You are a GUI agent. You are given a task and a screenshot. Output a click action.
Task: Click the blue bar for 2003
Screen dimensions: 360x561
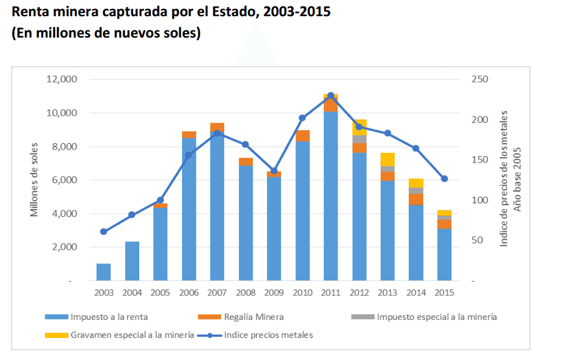[x=104, y=272]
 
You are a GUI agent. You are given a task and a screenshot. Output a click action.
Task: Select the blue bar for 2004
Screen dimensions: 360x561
[x=132, y=261]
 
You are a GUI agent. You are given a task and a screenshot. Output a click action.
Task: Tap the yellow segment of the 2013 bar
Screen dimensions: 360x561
[x=387, y=159]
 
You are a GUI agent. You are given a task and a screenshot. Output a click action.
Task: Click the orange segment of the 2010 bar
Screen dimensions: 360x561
[x=303, y=135]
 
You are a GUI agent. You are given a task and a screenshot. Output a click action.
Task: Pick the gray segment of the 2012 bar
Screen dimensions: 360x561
[x=360, y=139]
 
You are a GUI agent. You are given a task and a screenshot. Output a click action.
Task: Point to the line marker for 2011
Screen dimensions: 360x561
[x=331, y=95]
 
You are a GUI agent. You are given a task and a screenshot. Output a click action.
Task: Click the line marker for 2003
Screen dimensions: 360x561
[x=104, y=231]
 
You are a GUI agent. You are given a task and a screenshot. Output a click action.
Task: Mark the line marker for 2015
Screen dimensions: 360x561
[x=444, y=179]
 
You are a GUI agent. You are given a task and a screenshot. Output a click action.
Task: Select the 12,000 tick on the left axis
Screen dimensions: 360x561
[x=62, y=79]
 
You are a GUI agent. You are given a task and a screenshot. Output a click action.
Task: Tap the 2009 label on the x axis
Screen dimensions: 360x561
[x=274, y=293]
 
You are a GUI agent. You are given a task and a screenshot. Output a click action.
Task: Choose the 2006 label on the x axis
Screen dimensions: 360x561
[x=189, y=293]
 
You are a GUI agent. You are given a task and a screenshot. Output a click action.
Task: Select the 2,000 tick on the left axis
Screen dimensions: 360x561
[x=65, y=247]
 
